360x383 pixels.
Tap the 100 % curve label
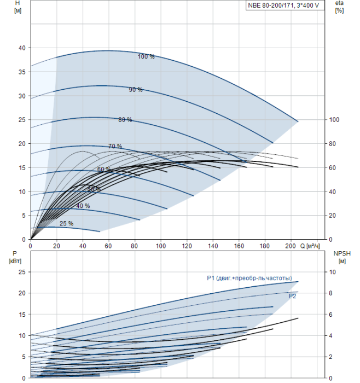pos(146,56)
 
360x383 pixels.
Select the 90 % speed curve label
pos(136,90)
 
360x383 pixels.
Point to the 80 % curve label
pos(125,119)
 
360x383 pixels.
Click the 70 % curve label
pos(115,146)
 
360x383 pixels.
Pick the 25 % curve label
pos(66,223)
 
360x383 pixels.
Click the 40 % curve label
pos(83,206)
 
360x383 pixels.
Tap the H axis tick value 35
pos(22,72)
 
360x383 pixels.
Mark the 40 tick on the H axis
pos(22,48)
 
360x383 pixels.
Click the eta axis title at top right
pos(339,7)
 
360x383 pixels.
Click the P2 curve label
pos(293,295)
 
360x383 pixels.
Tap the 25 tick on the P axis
pos(22,272)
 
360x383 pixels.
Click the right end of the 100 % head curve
pos(298,121)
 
